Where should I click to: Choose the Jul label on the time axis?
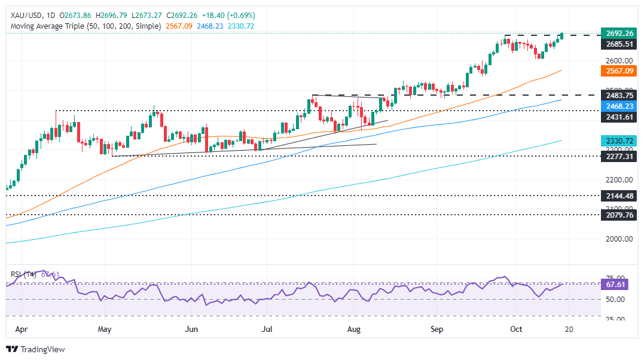(268, 329)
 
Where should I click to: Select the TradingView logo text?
(42, 349)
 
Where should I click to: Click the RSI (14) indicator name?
(24, 274)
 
